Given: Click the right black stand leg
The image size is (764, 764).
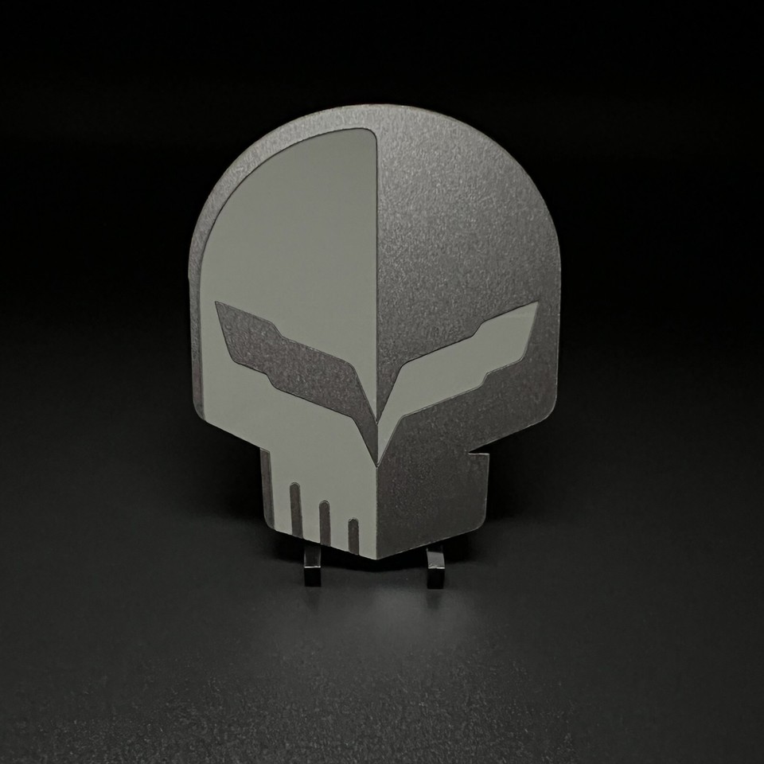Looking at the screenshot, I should [x=435, y=569].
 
